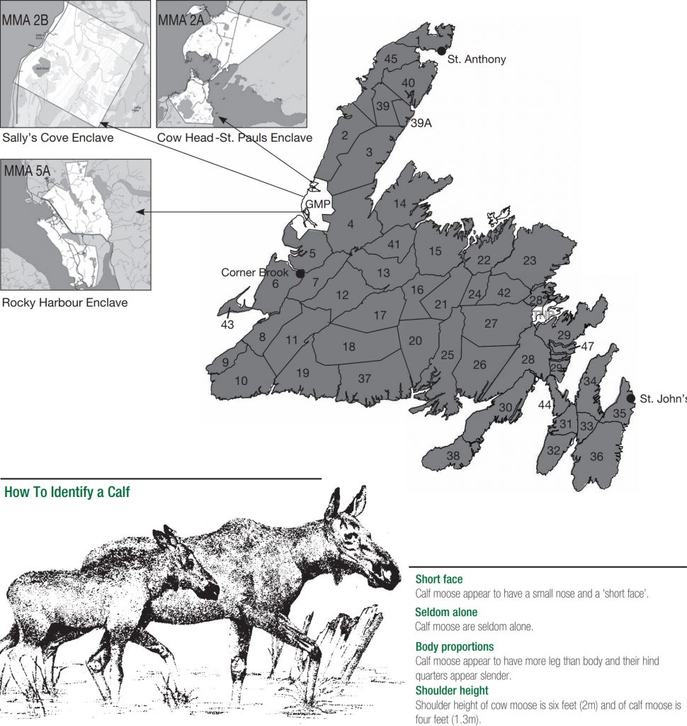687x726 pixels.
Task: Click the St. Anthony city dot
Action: pyautogui.click(x=441, y=50)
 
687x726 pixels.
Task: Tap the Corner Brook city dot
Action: pyautogui.click(x=300, y=273)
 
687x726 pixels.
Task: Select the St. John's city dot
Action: pyautogui.click(x=631, y=398)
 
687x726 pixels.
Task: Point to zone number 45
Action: pyautogui.click(x=390, y=60)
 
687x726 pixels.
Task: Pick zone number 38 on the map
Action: pyautogui.click(x=453, y=456)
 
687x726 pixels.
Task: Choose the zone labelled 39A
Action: pyautogui.click(x=421, y=123)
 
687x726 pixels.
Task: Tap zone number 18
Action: pyautogui.click(x=348, y=347)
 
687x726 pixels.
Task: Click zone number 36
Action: pyautogui.click(x=596, y=457)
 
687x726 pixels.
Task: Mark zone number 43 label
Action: pyautogui.click(x=227, y=324)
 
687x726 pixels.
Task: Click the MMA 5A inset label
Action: pyautogui.click(x=25, y=171)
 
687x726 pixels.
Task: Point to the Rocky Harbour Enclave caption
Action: pyautogui.click(x=64, y=303)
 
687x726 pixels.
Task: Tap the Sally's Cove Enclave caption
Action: pyautogui.click(x=57, y=138)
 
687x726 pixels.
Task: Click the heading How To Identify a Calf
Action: pyautogui.click(x=67, y=492)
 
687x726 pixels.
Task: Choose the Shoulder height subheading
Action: pyautogui.click(x=452, y=690)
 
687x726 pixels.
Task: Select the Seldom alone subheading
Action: pyautogui.click(x=446, y=612)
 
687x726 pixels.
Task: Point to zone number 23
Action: pyautogui.click(x=530, y=260)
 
